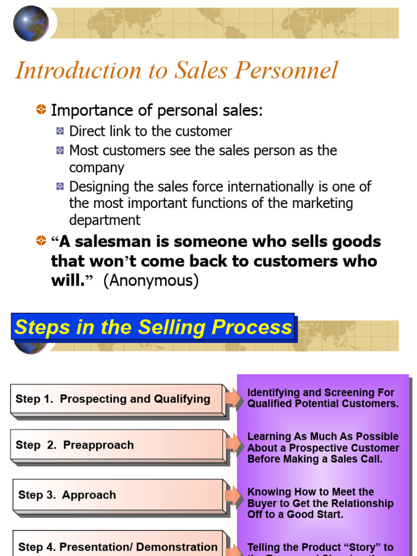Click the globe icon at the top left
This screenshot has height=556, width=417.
(x=30, y=23)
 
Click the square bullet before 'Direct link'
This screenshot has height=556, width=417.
(x=60, y=131)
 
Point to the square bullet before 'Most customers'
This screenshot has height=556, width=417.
(x=60, y=151)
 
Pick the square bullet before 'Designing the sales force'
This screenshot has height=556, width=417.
(x=60, y=187)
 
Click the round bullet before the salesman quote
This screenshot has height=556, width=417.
(x=41, y=241)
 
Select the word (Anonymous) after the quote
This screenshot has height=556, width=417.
(x=151, y=281)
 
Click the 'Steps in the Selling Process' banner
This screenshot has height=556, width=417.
(x=153, y=327)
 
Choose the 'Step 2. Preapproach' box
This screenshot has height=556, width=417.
(x=116, y=445)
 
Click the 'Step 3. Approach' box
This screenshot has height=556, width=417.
(x=117, y=495)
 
